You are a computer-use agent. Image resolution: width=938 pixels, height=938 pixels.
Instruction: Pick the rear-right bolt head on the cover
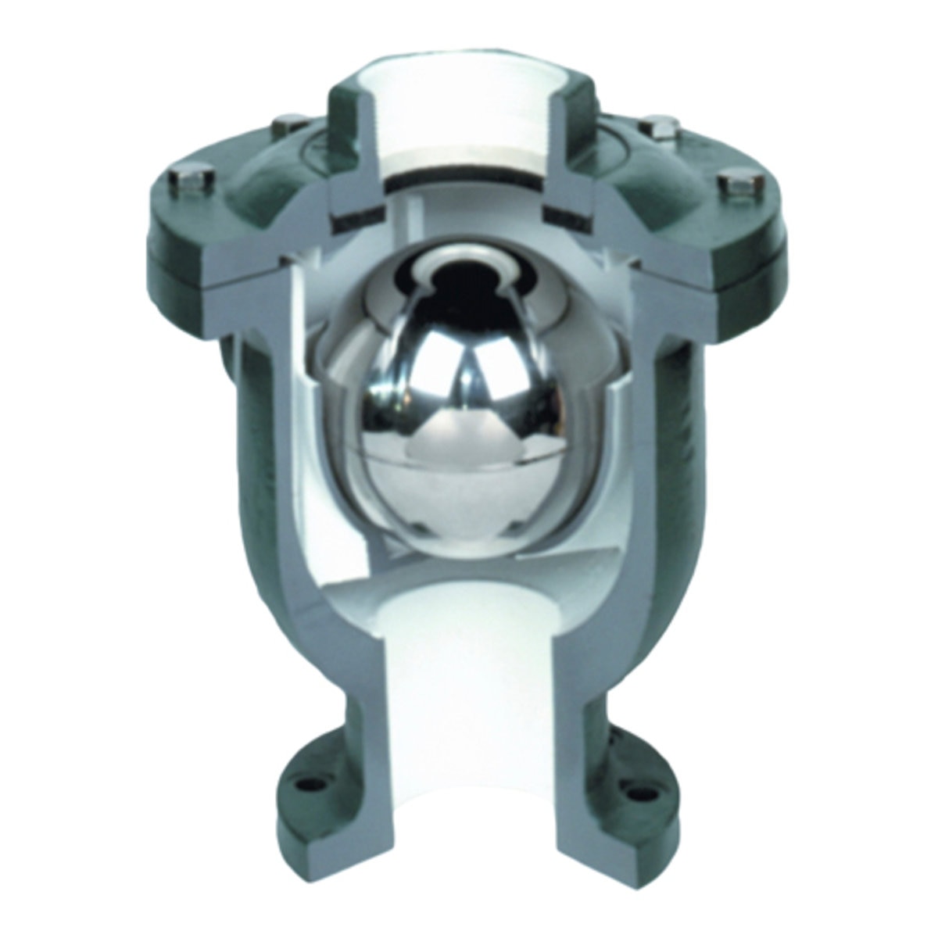653,127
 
